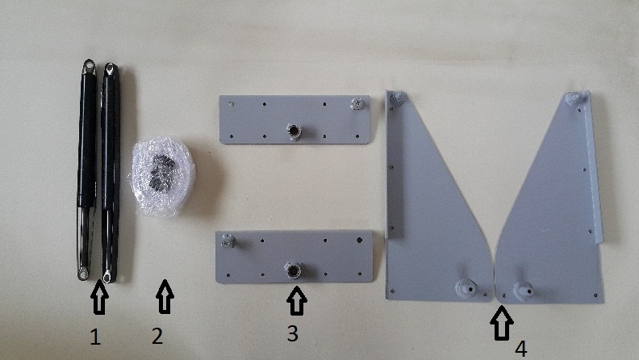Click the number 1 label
[x=95, y=337]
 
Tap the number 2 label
[x=157, y=336]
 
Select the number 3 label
[x=293, y=333]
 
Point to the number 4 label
[x=521, y=349]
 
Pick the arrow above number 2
[x=165, y=296]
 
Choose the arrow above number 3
[x=297, y=300]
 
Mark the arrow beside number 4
[x=502, y=323]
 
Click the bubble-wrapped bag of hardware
[x=163, y=176]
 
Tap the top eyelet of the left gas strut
[x=89, y=65]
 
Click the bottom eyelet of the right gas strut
[x=107, y=276]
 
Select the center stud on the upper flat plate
[x=294, y=131]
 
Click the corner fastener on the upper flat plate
[x=357, y=103]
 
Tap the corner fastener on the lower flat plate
[x=228, y=241]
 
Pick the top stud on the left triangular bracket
[x=396, y=98]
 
